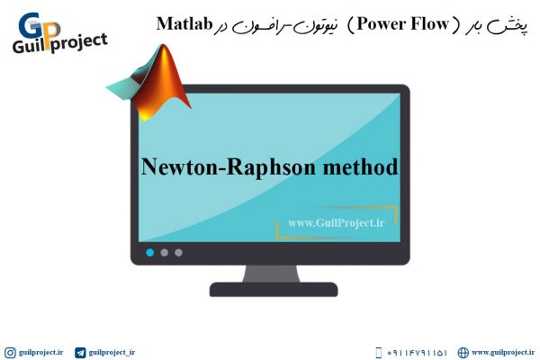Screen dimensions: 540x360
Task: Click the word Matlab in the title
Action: click(x=184, y=23)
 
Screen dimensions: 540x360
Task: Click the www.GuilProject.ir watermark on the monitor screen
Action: click(x=337, y=223)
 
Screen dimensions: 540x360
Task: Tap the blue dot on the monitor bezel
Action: click(x=149, y=253)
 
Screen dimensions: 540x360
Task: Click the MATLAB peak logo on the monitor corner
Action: click(x=149, y=83)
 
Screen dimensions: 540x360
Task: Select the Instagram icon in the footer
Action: click(x=10, y=353)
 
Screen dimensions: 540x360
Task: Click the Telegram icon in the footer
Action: click(x=80, y=353)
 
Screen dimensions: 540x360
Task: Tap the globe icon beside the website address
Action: click(x=463, y=353)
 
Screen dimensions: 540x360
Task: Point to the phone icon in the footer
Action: click(x=378, y=353)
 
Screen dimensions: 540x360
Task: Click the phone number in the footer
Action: click(x=417, y=353)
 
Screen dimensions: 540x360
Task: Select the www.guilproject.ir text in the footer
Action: click(x=503, y=353)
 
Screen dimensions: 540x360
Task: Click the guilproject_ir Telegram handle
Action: click(x=112, y=353)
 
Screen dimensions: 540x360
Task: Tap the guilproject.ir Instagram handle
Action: click(x=41, y=353)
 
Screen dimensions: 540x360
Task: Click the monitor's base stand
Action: click(x=274, y=290)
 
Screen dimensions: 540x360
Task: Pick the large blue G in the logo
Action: click(x=31, y=25)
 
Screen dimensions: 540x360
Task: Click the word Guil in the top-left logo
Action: click(x=28, y=46)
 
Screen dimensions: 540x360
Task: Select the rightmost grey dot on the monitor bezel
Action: click(x=178, y=253)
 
